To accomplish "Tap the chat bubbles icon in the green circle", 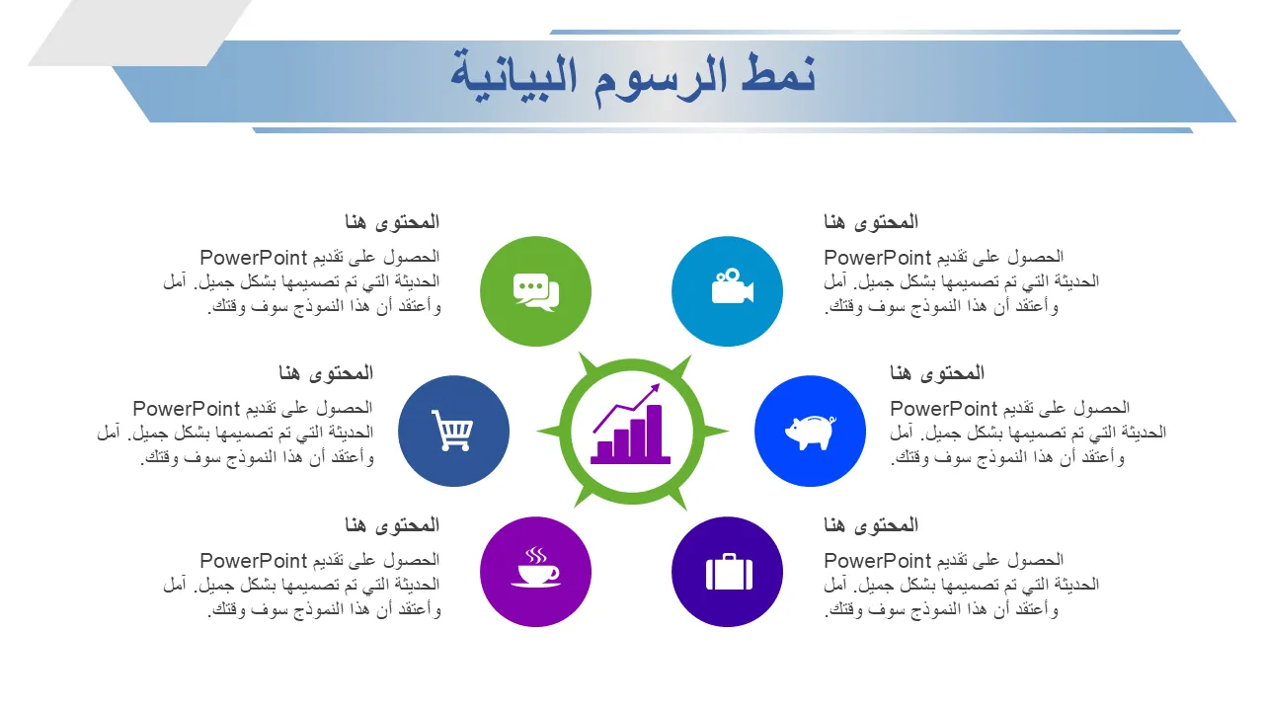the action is (x=536, y=291).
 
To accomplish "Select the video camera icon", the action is (x=732, y=285).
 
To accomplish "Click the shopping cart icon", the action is (x=452, y=430).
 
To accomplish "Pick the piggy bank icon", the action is (x=811, y=433).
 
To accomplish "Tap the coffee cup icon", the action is (x=535, y=567).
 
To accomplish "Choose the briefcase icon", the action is (x=729, y=572).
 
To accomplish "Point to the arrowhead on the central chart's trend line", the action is (x=655, y=388).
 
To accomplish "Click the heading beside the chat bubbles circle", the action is (x=392, y=222).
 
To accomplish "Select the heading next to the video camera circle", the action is (x=871, y=222).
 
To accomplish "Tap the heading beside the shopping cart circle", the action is (x=326, y=372).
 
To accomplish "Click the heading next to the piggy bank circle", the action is (x=937, y=372).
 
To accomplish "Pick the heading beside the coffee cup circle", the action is (x=392, y=524).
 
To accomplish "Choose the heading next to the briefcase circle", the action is (x=871, y=524).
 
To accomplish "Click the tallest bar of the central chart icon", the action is (x=655, y=432).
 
